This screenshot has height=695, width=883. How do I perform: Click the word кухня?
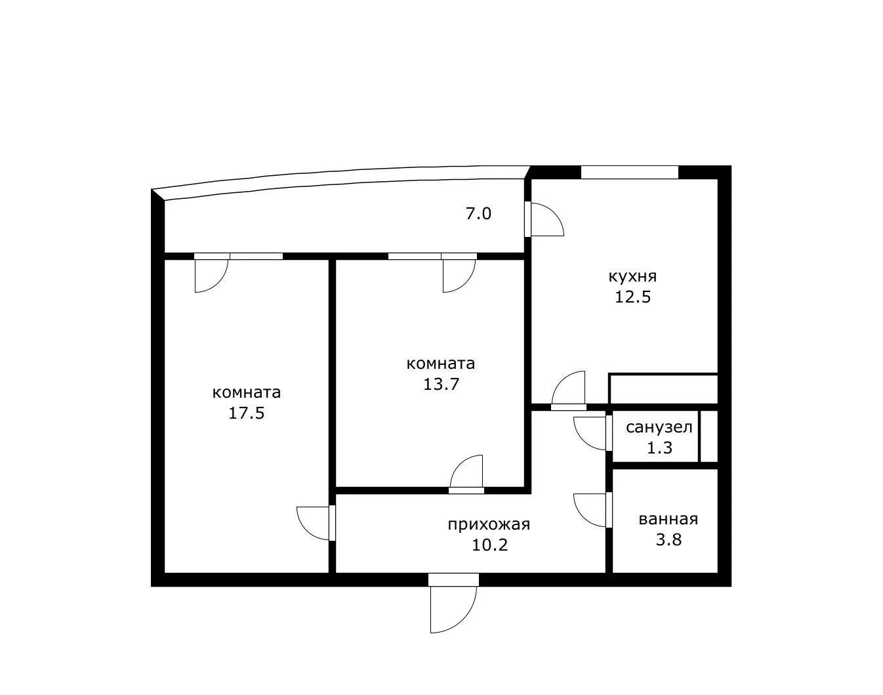pos(632,277)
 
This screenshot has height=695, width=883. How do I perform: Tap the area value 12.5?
pos(632,297)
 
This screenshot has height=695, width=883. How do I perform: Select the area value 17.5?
pos(246,413)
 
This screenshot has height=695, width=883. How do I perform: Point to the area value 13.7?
pos(441,384)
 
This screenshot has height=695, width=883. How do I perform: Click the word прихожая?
pos(489,525)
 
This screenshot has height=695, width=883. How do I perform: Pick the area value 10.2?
pos(489,545)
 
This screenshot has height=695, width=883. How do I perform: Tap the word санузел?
pos(659,428)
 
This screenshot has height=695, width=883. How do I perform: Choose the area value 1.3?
pos(659,448)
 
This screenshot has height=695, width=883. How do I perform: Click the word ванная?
pos(668,519)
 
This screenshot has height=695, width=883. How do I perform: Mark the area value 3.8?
pos(669,539)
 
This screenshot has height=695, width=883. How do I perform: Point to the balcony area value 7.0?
pos(478,214)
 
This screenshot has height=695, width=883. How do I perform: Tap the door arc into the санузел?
pos(583,441)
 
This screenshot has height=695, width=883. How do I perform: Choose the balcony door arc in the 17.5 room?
pos(218,284)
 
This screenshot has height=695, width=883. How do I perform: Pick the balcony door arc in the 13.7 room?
pos(466,284)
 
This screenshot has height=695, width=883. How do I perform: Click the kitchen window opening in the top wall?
pos(630,173)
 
